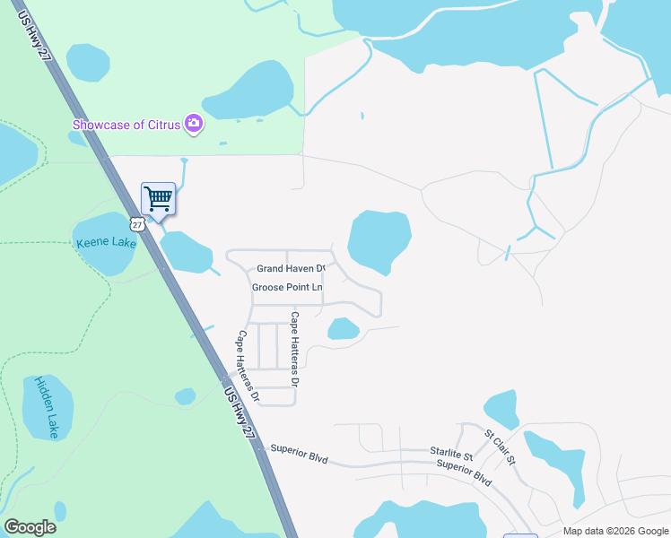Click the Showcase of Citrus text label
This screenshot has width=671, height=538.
(x=126, y=124)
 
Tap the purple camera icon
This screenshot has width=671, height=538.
(x=193, y=124)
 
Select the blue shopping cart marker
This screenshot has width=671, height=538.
(x=158, y=198)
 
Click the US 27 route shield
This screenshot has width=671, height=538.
(x=135, y=223)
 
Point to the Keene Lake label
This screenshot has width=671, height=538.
(x=106, y=243)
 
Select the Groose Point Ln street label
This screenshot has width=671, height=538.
(x=286, y=287)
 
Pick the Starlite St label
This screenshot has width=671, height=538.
(x=450, y=454)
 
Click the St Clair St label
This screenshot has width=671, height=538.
(x=500, y=447)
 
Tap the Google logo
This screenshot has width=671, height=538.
(x=30, y=527)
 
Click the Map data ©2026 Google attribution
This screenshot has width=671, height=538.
(x=616, y=531)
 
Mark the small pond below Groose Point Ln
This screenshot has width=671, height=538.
(x=343, y=329)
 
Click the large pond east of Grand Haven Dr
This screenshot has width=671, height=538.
(x=379, y=240)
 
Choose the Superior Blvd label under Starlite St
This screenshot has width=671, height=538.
(x=465, y=472)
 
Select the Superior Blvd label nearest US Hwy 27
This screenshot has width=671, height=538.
(x=300, y=453)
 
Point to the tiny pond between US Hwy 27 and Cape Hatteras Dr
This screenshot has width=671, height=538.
(x=185, y=395)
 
